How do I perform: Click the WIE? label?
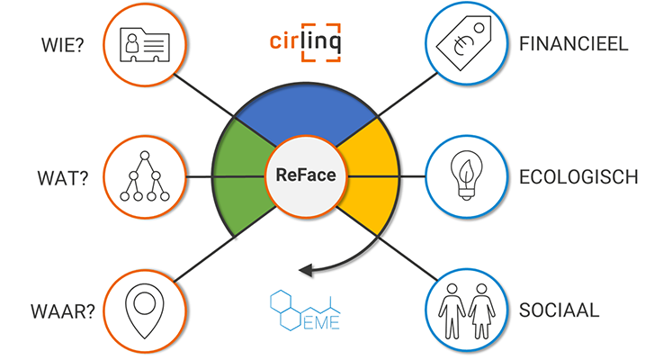tap(62, 45)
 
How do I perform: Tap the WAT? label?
tap(63, 178)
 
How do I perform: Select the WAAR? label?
tap(63, 311)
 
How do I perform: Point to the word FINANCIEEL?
tap(573, 44)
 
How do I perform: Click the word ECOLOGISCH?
tap(578, 177)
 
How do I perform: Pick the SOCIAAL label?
tap(559, 310)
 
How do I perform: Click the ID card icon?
tap(145, 45)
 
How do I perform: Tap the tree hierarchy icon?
tap(145, 176)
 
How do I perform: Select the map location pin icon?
tap(145, 310)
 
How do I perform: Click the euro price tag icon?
tap(464, 43)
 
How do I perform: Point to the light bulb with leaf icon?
tap(466, 175)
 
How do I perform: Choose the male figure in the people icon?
tap(452, 311)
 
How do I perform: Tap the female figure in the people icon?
tap(481, 311)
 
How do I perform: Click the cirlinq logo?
tap(305, 42)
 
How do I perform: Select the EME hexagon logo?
tap(305, 310)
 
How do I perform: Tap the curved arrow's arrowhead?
tap(306, 270)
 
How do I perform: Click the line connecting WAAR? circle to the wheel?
tap(204, 258)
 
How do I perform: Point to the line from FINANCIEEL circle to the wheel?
tap(408, 94)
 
